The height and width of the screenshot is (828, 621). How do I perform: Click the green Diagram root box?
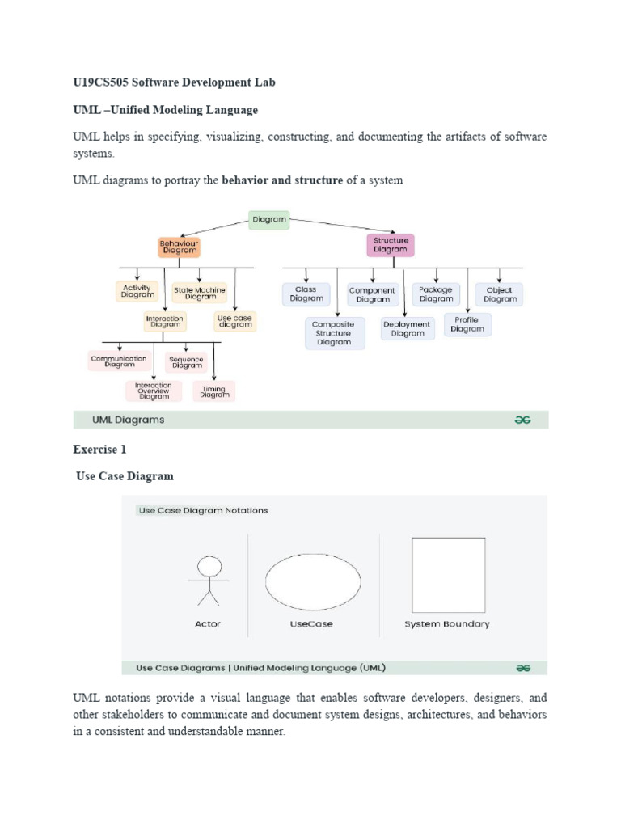point(268,219)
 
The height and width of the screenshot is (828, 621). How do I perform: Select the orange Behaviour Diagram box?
point(179,246)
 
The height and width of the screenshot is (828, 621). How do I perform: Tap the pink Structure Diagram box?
point(391,245)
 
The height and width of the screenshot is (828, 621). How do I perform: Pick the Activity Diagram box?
point(137,292)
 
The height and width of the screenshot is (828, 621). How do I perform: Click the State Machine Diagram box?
point(200,293)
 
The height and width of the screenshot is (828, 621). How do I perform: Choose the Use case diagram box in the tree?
point(235,322)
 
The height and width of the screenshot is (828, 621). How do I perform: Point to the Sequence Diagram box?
point(187,361)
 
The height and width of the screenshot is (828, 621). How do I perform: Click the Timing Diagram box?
point(214,391)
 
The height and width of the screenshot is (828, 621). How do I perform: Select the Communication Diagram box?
point(119,361)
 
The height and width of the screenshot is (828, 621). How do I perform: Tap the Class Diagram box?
point(306,294)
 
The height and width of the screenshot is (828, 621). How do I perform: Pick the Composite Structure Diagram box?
point(334,332)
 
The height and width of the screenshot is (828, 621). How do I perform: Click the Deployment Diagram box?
point(408,328)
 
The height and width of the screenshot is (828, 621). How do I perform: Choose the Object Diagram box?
point(499,294)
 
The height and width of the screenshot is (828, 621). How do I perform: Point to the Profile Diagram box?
point(467,325)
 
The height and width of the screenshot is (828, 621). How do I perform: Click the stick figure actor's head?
point(209,565)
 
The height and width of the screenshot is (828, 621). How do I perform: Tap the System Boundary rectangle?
point(448,575)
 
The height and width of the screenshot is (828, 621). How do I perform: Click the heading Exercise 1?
point(99,449)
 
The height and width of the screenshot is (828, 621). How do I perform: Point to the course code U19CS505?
point(100,82)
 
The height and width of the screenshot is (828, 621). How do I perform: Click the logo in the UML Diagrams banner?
point(522,420)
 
